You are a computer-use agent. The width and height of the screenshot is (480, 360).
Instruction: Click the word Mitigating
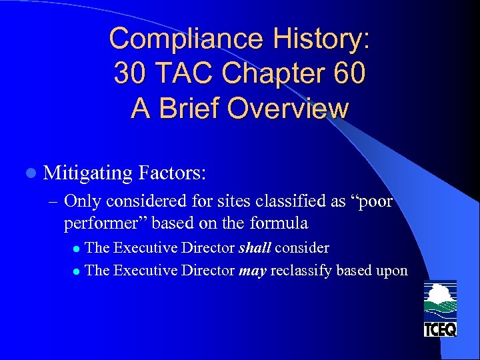pos(88,173)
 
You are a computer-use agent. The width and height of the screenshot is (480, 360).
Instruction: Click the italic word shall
pos(255,248)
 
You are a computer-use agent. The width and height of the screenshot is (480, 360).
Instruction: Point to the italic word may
pos(253,270)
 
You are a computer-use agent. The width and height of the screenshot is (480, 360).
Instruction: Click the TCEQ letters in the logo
pos(440,329)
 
